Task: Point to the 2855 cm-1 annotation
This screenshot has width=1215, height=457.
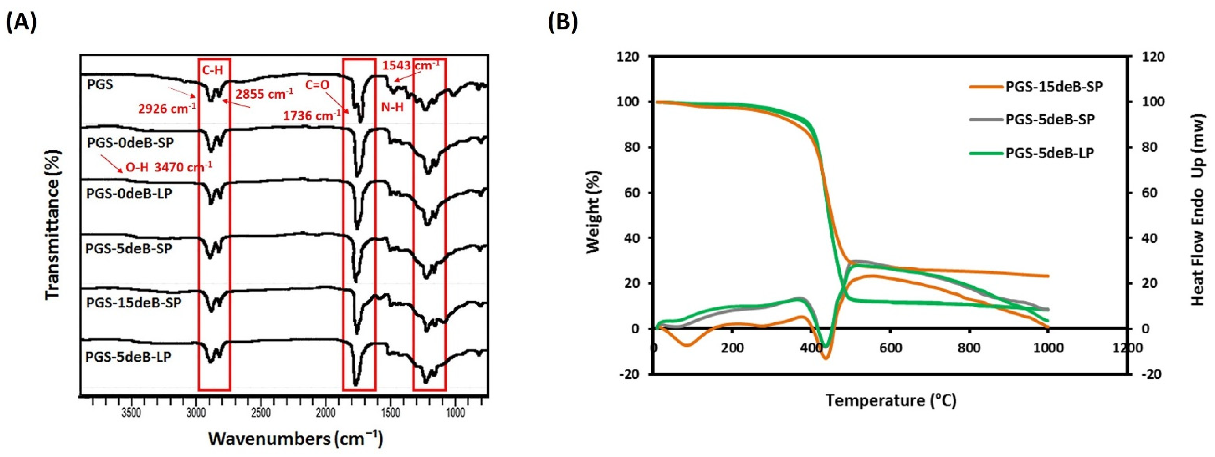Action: click(264, 94)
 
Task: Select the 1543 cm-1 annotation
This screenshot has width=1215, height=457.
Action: click(410, 66)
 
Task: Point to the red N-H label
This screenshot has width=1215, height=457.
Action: click(392, 107)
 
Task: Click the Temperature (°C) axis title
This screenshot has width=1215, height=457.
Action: click(890, 401)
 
